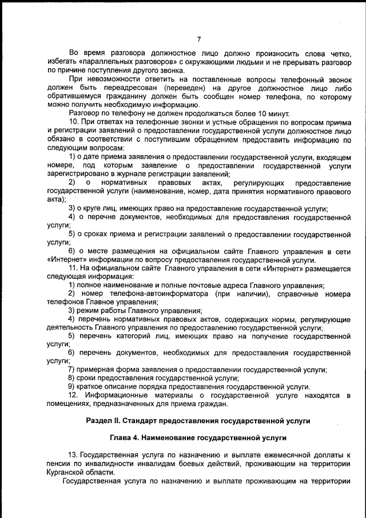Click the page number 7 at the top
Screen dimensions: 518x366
[x=198, y=39]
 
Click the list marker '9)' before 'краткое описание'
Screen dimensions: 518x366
[x=71, y=386]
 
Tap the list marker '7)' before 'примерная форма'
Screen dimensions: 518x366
[x=71, y=369]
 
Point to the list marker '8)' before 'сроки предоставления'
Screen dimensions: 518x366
[x=71, y=378]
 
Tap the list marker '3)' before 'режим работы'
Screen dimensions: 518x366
[x=71, y=310]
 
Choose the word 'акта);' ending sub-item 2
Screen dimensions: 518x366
[x=56, y=199]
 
